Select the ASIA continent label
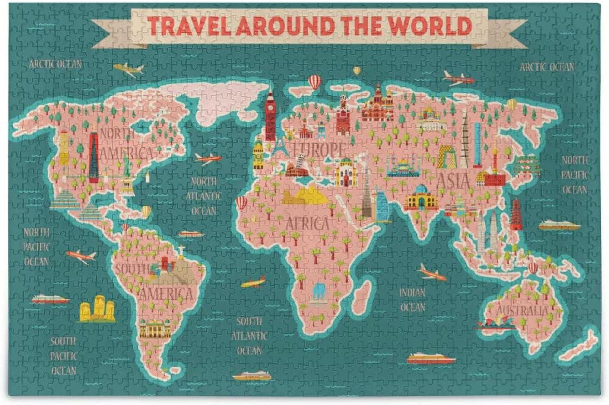[453, 181]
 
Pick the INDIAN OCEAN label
[412, 300]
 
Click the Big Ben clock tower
[270, 114]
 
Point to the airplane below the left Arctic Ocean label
[129, 69]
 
